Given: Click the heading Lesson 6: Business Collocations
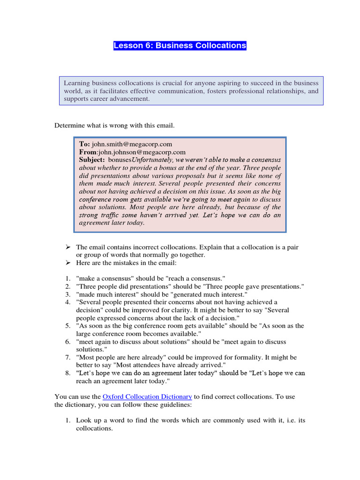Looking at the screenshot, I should click(x=180, y=45).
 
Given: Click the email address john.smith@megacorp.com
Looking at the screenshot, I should click(x=132, y=144).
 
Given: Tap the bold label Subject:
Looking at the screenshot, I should click(x=92, y=159).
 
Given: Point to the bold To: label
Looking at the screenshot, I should click(x=84, y=144).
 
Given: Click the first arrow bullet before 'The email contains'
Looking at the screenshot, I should click(x=67, y=247).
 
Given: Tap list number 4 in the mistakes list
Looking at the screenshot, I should click(x=68, y=302).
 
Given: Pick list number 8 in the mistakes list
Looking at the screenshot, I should click(x=68, y=374).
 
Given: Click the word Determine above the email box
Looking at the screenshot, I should click(x=69, y=125).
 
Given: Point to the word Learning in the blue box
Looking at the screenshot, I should click(x=77, y=83).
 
